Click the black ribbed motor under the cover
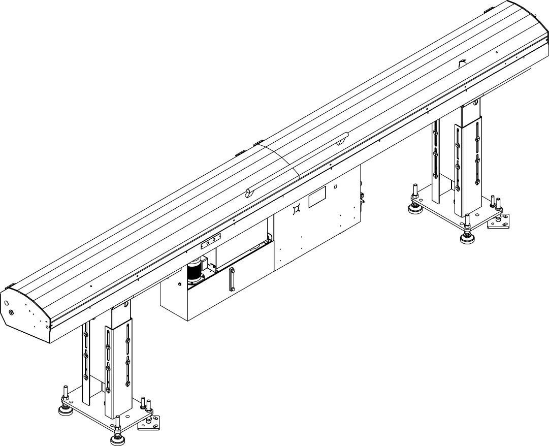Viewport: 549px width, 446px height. [x=194, y=272]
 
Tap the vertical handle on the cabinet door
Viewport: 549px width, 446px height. [x=232, y=279]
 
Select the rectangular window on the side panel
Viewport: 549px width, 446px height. [x=317, y=197]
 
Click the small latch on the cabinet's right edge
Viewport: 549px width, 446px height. [x=363, y=199]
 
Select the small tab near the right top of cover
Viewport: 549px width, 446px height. [x=462, y=62]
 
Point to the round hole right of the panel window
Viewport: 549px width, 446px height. [x=335, y=187]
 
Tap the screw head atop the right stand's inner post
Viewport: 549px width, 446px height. [x=475, y=103]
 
